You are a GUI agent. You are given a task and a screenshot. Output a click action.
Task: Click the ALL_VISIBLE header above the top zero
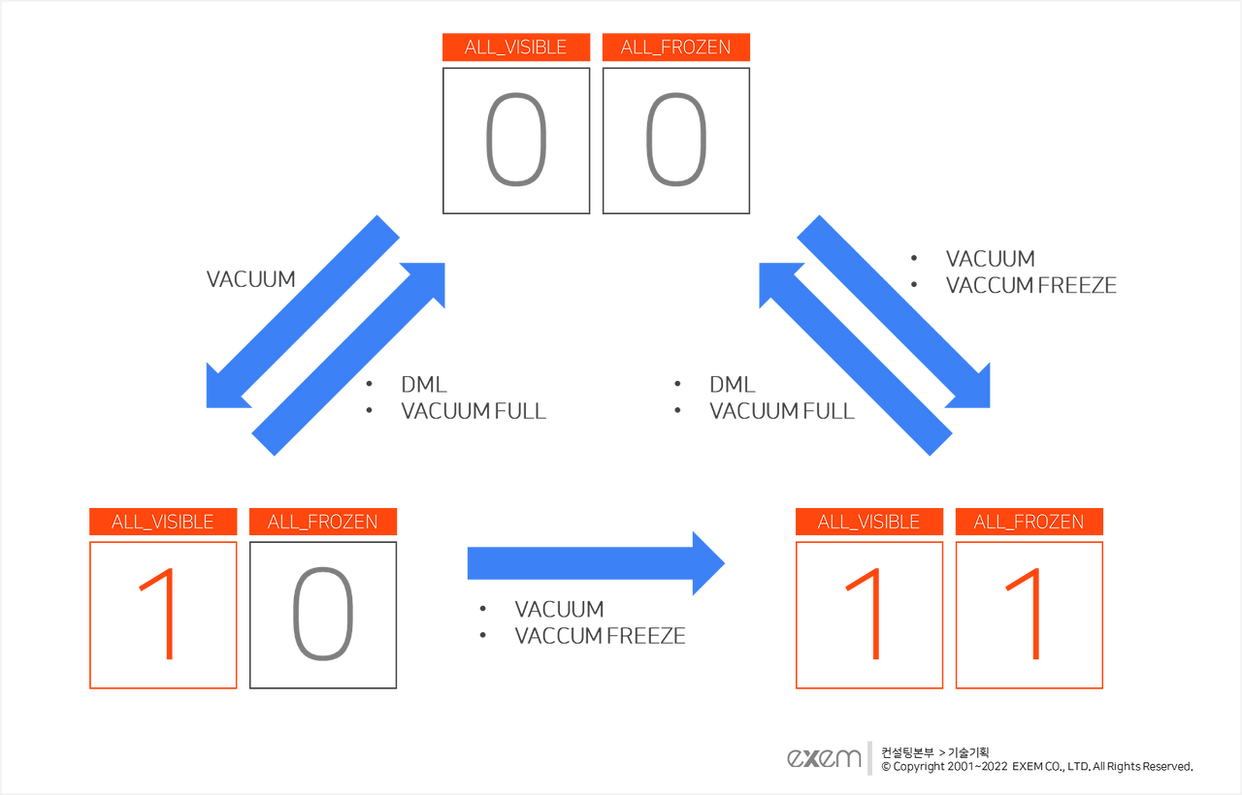[x=515, y=48]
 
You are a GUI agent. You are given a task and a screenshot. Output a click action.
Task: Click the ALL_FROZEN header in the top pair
[x=675, y=48]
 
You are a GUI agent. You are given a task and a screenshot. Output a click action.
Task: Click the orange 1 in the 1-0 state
[x=162, y=615]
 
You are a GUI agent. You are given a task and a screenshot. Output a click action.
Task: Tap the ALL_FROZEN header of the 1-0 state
[x=322, y=522]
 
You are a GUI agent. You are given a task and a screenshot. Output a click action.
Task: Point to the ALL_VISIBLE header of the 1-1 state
[x=868, y=522]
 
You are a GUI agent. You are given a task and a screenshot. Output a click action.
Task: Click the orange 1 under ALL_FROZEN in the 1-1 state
[x=1029, y=615]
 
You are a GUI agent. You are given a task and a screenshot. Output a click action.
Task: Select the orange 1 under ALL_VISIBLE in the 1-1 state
[x=868, y=615]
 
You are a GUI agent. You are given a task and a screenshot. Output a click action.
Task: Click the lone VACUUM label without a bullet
[x=250, y=279]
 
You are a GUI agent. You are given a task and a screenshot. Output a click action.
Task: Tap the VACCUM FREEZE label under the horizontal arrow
[x=600, y=636]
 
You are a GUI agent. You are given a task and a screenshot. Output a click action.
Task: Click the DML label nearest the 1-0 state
[x=424, y=384]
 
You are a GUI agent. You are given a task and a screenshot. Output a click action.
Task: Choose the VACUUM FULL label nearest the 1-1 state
[x=782, y=410]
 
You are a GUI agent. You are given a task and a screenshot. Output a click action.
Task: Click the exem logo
[x=825, y=758]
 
